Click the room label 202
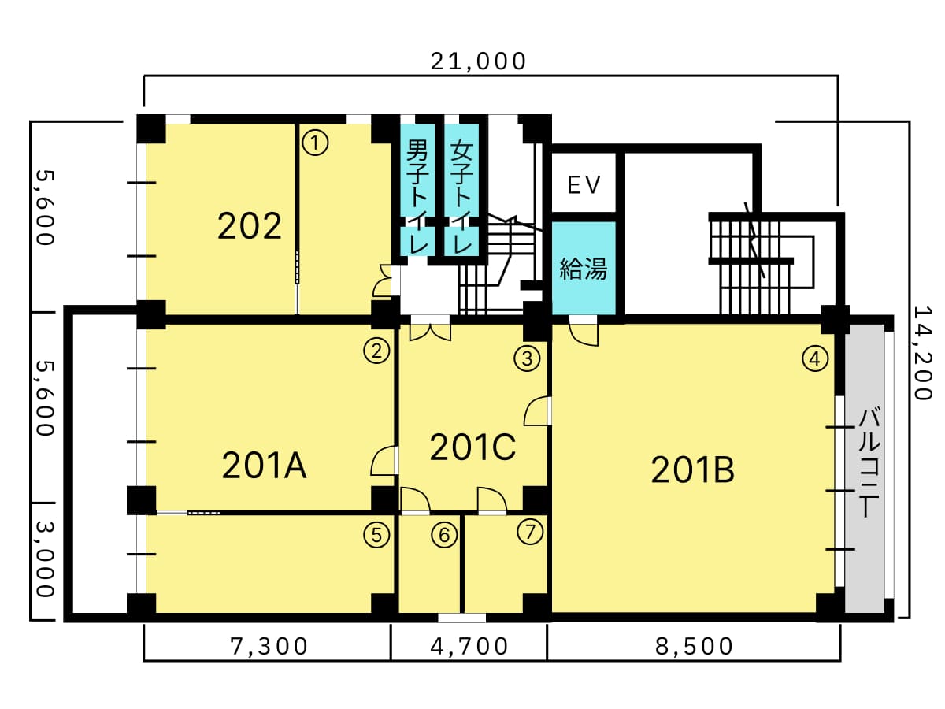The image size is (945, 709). pyautogui.click(x=250, y=226)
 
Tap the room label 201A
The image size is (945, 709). pyautogui.click(x=265, y=466)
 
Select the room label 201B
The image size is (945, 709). pyautogui.click(x=693, y=470)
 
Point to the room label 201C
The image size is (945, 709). pyautogui.click(x=472, y=447)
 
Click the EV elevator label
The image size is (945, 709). pyautogui.click(x=584, y=185)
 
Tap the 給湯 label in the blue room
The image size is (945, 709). pyautogui.click(x=584, y=269)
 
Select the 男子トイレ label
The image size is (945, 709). pyautogui.click(x=417, y=196)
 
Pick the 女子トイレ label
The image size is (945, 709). pyautogui.click(x=461, y=196)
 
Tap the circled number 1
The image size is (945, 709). pyautogui.click(x=315, y=143)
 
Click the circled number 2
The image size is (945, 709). pyautogui.click(x=376, y=351)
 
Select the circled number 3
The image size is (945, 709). pyautogui.click(x=528, y=358)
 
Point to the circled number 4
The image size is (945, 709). pyautogui.click(x=815, y=358)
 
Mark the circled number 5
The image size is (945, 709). pyautogui.click(x=376, y=535)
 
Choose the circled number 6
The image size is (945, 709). pyautogui.click(x=444, y=535)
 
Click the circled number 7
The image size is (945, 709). pyautogui.click(x=530, y=532)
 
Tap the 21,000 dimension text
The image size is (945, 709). pyautogui.click(x=478, y=61)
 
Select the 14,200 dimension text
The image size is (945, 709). pyautogui.click(x=923, y=353)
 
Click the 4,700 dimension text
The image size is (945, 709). pyautogui.click(x=469, y=647)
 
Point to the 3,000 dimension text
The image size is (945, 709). pyautogui.click(x=45, y=559)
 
